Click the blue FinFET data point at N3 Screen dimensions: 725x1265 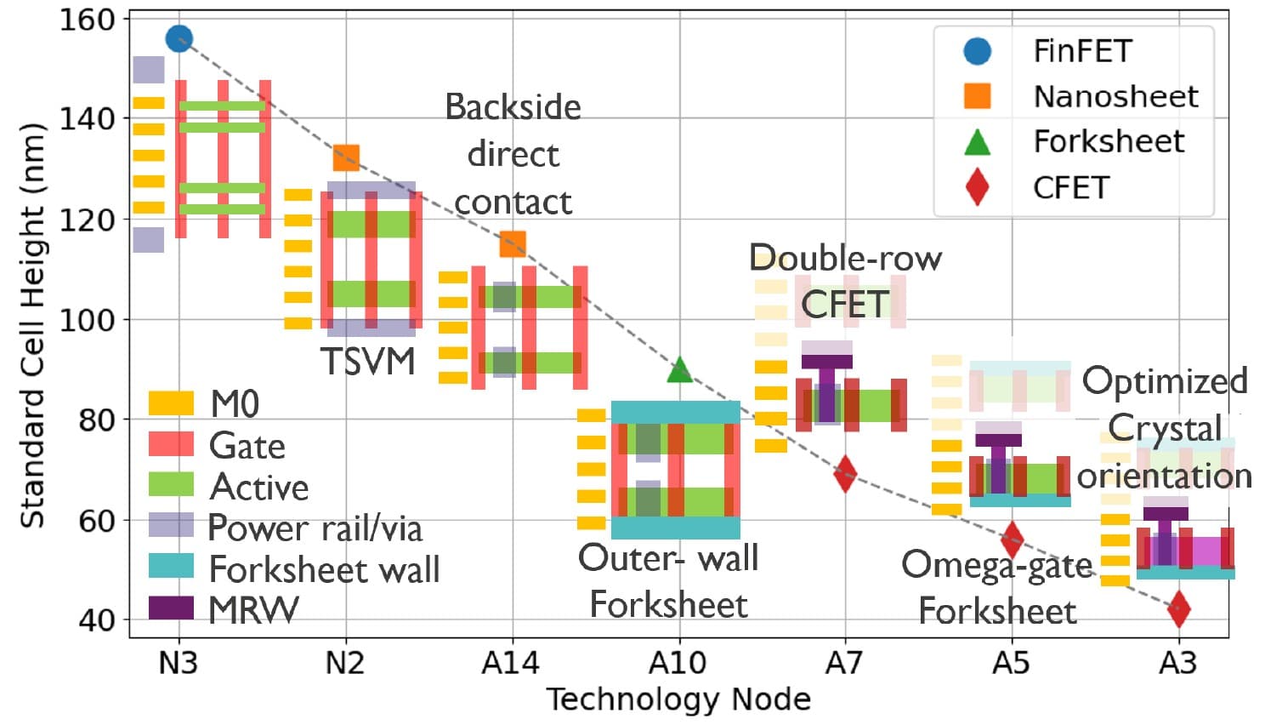(x=179, y=38)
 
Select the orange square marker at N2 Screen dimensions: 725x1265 (x=346, y=157)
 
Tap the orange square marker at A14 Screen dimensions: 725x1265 (x=513, y=244)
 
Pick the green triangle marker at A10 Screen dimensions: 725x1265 (x=679, y=369)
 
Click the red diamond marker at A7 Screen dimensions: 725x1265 (x=845, y=474)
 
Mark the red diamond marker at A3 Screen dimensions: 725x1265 (x=1178, y=608)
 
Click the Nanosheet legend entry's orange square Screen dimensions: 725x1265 (x=978, y=96)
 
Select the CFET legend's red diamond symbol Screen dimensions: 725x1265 (x=978, y=187)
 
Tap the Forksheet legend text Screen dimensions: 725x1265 (x=1108, y=141)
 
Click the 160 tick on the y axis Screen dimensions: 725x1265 (x=87, y=19)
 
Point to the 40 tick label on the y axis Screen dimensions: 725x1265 (x=97, y=619)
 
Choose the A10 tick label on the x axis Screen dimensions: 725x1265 (x=678, y=662)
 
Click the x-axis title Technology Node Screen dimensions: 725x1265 (x=678, y=699)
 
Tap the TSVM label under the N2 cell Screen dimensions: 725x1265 (x=368, y=362)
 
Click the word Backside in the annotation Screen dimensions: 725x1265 (x=513, y=107)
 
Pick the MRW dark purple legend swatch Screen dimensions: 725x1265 (x=171, y=608)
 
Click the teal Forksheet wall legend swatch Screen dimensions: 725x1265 (x=171, y=567)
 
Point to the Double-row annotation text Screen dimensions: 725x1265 (x=846, y=258)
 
